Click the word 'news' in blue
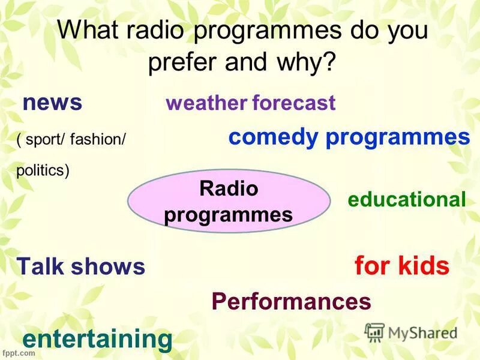[x=52, y=103]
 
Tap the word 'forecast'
[x=293, y=103]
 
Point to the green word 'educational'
[x=406, y=200]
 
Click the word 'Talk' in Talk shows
[x=41, y=266]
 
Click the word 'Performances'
[x=291, y=301]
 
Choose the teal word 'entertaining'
[x=97, y=340]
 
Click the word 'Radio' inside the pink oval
[x=228, y=189]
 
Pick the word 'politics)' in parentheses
[x=43, y=171]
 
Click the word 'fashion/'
[x=98, y=140]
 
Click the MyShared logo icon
[x=374, y=332]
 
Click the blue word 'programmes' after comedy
[x=397, y=137]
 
